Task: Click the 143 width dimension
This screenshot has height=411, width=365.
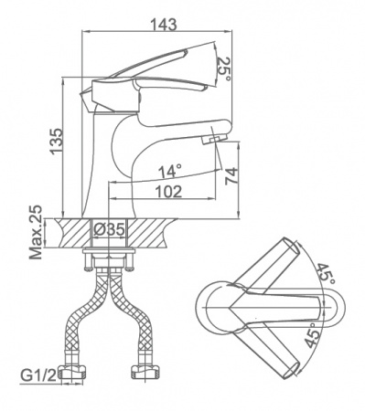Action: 165,24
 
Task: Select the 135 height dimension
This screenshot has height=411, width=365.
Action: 57,142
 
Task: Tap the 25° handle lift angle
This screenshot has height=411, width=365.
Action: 224,69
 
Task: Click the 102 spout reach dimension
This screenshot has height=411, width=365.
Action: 168,192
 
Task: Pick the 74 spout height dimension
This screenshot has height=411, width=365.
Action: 231,176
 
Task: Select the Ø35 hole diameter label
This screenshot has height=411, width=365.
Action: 109,229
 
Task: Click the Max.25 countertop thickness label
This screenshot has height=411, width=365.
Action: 36,232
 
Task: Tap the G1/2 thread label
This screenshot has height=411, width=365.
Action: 38,375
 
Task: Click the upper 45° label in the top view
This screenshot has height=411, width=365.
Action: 325,273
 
